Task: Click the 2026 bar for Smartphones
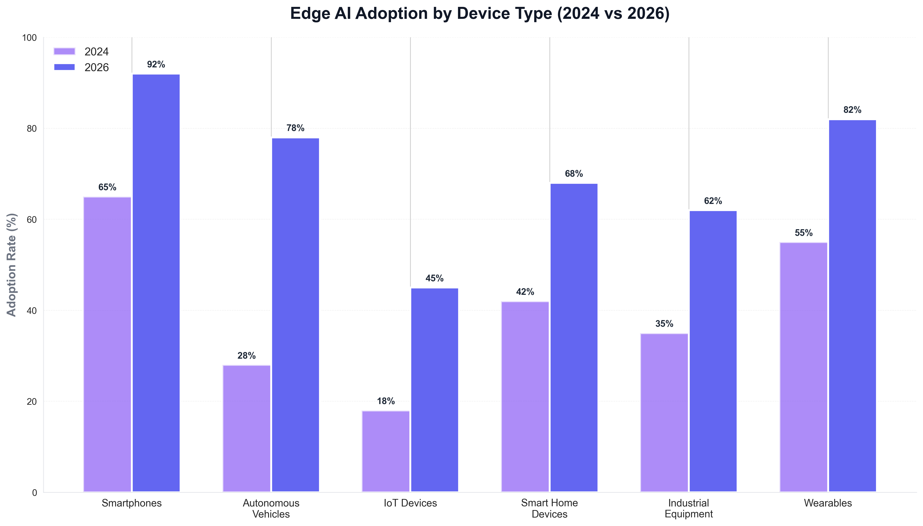[x=156, y=283]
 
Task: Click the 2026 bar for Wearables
[x=852, y=306]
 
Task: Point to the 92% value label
[x=156, y=65]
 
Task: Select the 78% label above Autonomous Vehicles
[x=295, y=128]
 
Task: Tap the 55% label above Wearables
[x=804, y=233]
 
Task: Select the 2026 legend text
[x=96, y=68]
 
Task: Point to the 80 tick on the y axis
[x=32, y=129]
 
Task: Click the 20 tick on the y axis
[x=32, y=401]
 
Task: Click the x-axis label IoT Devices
[x=410, y=503]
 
